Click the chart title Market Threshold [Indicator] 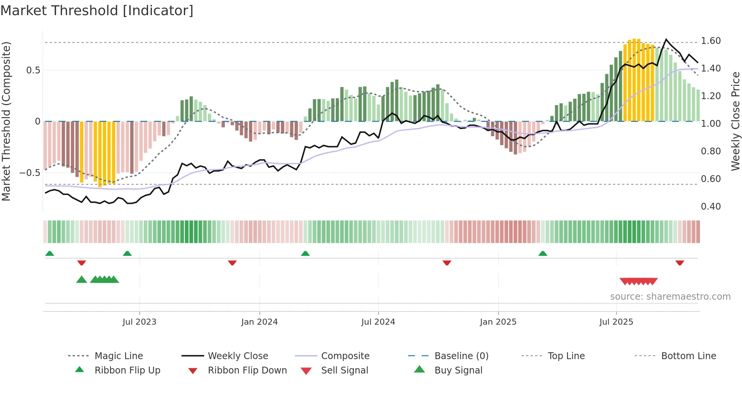tap(97, 11)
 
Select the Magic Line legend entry tap(118, 356)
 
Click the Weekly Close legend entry tap(238, 356)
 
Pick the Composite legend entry tap(345, 356)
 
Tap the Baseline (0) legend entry tap(461, 356)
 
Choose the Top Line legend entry tap(566, 356)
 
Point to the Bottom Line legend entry tap(688, 356)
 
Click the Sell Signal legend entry tap(344, 370)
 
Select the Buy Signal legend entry tap(458, 370)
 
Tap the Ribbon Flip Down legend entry tap(247, 370)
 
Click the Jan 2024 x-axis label tap(259, 322)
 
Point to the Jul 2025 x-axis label tap(616, 322)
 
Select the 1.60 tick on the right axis tap(711, 41)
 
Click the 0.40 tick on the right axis tap(711, 207)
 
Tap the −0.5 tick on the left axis tap(30, 173)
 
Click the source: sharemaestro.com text tap(670, 297)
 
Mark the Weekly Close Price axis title tap(735, 121)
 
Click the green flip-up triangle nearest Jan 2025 tap(542, 254)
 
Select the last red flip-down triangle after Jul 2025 tap(680, 263)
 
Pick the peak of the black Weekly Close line tap(666, 39)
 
